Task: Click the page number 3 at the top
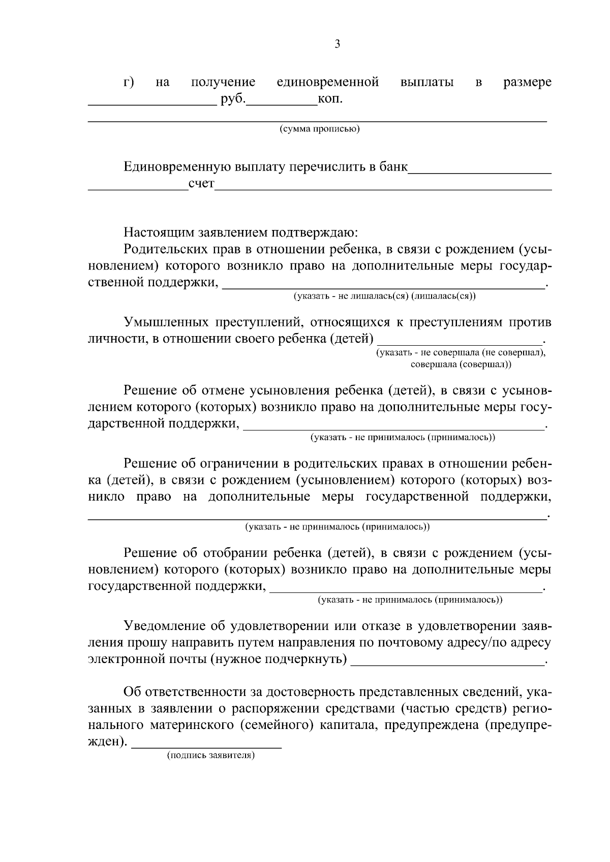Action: click(x=338, y=44)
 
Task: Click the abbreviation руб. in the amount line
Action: click(x=233, y=98)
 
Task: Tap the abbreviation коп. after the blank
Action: click(x=330, y=98)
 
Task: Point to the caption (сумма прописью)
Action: click(x=319, y=129)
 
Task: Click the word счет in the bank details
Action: click(x=201, y=183)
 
